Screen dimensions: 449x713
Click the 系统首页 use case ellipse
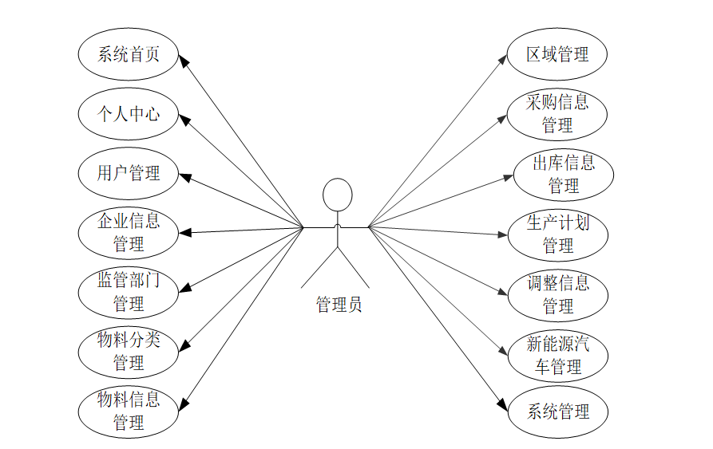coord(128,54)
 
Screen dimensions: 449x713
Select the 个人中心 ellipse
coord(128,114)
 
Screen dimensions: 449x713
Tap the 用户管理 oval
coord(128,172)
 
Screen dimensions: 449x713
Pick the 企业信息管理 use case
coord(128,231)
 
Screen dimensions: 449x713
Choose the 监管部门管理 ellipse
coord(128,291)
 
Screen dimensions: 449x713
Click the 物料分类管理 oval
coord(128,351)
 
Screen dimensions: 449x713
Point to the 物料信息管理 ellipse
coord(128,410)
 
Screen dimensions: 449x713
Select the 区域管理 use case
coord(557,54)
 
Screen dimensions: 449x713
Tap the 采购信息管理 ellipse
coord(557,114)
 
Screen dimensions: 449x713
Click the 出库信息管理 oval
coord(563,174)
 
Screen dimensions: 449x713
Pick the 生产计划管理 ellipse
coord(557,234)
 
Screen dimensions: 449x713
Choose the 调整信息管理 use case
coord(557,293)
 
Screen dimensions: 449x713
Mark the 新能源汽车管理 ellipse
coord(557,355)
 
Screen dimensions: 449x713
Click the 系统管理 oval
coord(557,412)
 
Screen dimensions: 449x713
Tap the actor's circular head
coord(337,195)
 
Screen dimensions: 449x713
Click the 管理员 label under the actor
coord(339,304)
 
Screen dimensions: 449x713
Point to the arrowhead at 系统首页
coord(182,61)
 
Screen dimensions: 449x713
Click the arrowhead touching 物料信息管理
coord(184,404)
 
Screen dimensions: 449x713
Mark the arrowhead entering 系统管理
coord(503,404)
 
